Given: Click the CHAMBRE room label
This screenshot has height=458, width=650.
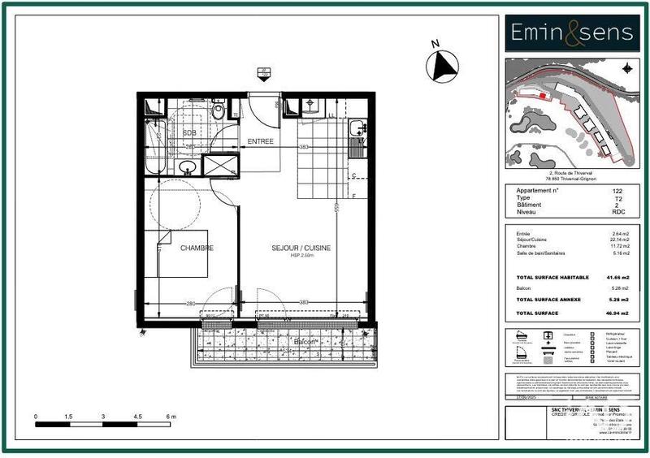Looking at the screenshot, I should pyautogui.click(x=197, y=248).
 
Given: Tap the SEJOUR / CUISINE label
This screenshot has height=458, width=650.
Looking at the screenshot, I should pyautogui.click(x=300, y=248).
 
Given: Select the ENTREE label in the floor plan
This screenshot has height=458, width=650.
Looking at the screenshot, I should pyautogui.click(x=260, y=141).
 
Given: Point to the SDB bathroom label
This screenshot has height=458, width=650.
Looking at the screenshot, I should pyautogui.click(x=188, y=132).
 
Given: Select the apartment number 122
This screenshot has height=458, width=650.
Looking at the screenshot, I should pyautogui.click(x=617, y=190).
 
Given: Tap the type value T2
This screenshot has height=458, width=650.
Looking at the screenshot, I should pyautogui.click(x=617, y=197).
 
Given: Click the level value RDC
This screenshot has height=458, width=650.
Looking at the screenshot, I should pyautogui.click(x=617, y=212).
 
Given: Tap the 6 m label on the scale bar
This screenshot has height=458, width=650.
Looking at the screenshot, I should pyautogui.click(x=171, y=416).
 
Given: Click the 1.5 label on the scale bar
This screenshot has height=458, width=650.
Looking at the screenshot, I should pyautogui.click(x=69, y=416).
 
